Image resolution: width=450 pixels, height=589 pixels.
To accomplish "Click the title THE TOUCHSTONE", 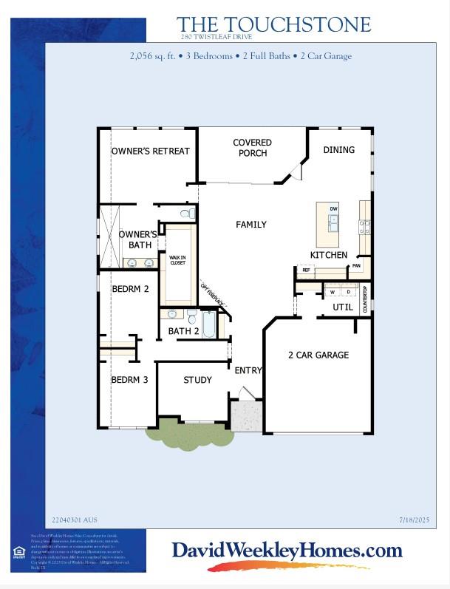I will click(273, 25).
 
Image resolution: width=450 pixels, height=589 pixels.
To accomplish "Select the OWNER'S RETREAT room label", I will click(151, 151).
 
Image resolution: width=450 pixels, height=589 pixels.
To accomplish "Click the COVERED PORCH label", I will click(252, 148).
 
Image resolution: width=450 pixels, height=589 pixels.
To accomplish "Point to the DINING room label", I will click(338, 150).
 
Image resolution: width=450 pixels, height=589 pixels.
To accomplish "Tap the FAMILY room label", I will click(251, 225).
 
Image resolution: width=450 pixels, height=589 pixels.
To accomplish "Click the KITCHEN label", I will click(329, 255).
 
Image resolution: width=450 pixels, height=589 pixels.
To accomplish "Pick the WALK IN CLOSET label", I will click(177, 261).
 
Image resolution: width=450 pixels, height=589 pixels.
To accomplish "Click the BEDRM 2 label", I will click(130, 289).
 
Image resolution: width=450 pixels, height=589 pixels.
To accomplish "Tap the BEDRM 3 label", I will click(130, 381).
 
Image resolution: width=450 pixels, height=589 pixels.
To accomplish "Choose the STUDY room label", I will click(197, 381).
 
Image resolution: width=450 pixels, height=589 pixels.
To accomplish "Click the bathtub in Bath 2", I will click(208, 325).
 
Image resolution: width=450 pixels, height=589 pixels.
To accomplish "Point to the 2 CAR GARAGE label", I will click(318, 355).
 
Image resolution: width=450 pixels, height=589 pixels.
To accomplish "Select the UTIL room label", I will click(343, 307).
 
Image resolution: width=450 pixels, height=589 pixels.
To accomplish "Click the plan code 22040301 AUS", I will click(74, 520).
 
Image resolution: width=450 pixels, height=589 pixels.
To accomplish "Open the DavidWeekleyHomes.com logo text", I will click(287, 551).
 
